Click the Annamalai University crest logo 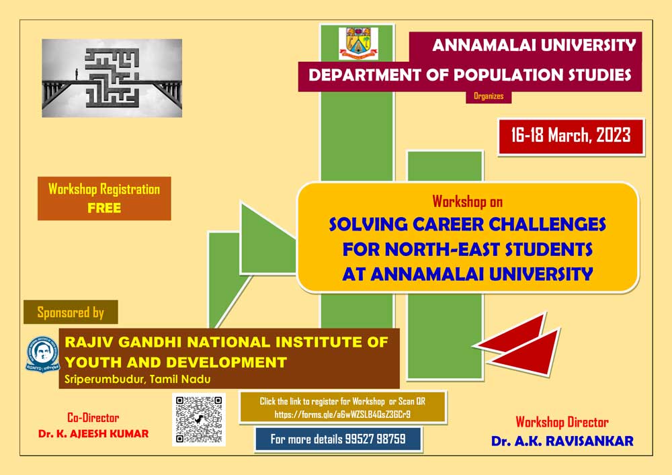358,43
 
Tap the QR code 199,420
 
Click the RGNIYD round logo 42,354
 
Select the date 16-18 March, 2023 571,136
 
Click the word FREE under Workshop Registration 104,208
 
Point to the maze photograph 112,78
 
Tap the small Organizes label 489,96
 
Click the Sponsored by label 71,312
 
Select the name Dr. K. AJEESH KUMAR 93,434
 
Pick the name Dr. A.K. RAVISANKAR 562,441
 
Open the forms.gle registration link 343,415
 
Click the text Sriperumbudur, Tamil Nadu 138,379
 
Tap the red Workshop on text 467,202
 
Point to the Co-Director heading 93,418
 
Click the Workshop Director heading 562,423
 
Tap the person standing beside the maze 77,74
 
